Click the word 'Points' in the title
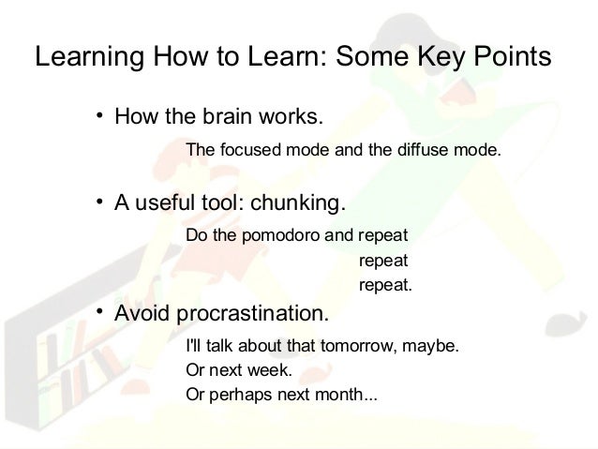coord(505,58)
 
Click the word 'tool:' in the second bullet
coord(214,202)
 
